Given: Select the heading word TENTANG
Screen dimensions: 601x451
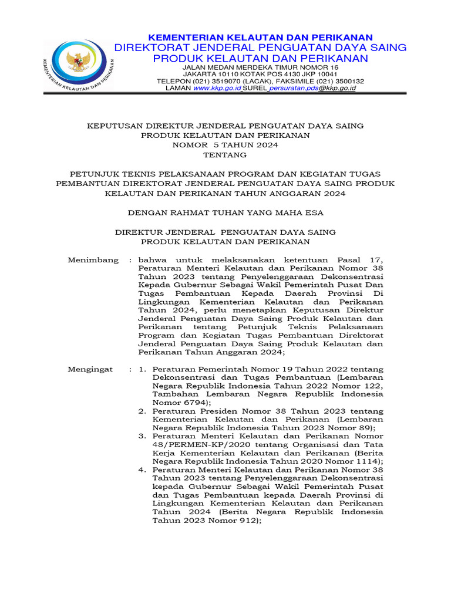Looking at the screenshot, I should click(225, 155).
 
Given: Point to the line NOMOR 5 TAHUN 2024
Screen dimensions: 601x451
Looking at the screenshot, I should click(225, 145).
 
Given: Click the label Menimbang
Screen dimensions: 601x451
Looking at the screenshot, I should click(93, 259).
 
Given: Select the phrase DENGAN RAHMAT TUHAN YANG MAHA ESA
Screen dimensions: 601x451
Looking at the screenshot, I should click(225, 212).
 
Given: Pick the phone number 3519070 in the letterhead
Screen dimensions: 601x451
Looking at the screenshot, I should click(216, 82).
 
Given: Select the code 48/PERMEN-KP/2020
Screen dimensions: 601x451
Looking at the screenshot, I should click(188, 444).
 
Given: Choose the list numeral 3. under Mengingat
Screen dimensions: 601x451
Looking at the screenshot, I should click(142, 436).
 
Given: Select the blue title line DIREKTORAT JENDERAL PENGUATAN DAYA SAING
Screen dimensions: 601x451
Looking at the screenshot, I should click(260, 48).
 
